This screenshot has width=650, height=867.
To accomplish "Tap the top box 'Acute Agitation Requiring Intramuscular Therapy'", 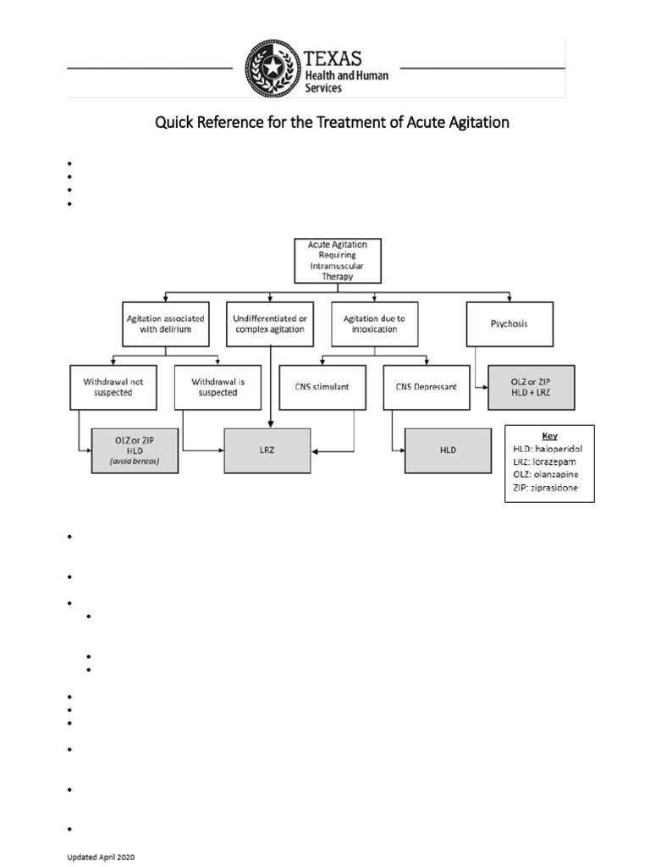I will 337,260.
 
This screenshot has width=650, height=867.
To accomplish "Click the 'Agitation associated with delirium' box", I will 166,323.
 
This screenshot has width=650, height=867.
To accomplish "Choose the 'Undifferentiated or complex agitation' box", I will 270,323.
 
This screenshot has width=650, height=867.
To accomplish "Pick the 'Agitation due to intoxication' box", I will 373,323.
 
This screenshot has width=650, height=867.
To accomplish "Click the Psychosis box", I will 509,323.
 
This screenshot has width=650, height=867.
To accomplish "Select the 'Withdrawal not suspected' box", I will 107,387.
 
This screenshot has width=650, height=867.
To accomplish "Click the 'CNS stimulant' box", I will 322,388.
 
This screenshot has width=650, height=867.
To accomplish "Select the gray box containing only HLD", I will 448,450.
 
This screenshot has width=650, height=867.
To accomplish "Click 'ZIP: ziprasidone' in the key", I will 549,488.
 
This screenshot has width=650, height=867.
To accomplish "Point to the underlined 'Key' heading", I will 549,434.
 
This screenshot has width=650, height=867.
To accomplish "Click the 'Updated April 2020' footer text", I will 101,857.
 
